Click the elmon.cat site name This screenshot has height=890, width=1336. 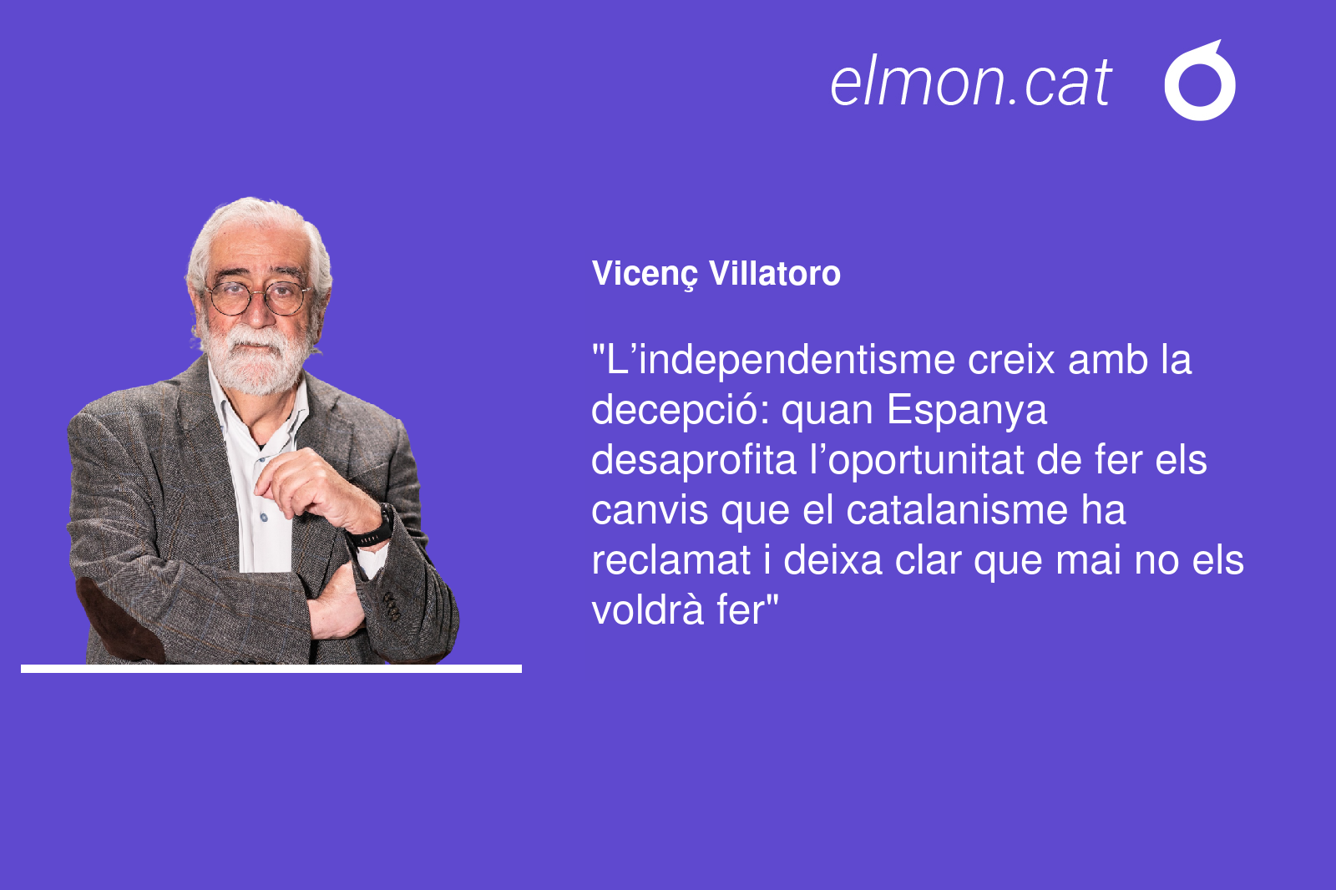[x=970, y=83]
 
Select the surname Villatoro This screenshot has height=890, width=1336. [x=775, y=273]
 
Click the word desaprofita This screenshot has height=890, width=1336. [x=694, y=460]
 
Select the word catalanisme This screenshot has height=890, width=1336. [x=957, y=511]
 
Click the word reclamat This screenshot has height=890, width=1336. [x=671, y=561]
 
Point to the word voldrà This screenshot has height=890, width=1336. [x=647, y=610]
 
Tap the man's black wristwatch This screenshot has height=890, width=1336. [x=372, y=528]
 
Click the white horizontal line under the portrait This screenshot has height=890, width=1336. [x=271, y=669]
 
